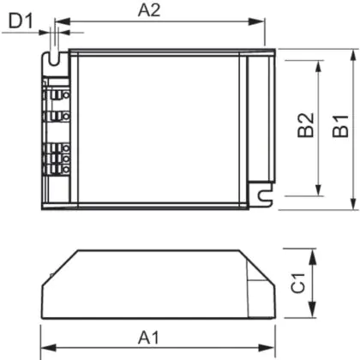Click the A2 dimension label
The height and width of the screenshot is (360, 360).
pos(149,10)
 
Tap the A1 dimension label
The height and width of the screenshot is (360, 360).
pos(148,338)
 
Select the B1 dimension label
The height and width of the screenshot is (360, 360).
pos(340,126)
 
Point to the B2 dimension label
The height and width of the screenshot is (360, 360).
pos(305,125)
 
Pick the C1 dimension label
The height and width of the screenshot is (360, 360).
pos(298,283)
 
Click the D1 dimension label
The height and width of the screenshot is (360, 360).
pos(21,21)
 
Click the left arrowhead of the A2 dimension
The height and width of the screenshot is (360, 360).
pos(63,21)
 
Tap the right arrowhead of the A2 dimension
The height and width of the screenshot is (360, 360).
pos(256,21)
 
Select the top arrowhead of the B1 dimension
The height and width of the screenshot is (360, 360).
pos(354,57)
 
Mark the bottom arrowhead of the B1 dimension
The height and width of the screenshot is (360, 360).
pos(354,202)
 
